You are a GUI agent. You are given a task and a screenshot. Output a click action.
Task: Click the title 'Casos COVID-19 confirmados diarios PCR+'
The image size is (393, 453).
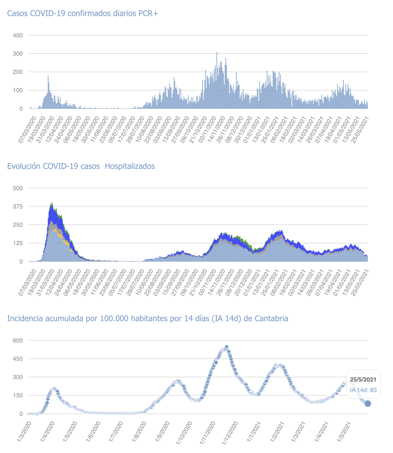tap(82, 14)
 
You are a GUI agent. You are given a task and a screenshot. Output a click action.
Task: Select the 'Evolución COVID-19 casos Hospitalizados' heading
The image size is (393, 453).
tap(81, 166)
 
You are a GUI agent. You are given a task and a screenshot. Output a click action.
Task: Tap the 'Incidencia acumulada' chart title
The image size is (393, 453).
tap(147, 319)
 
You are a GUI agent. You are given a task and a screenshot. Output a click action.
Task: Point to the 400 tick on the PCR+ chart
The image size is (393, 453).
tap(18, 35)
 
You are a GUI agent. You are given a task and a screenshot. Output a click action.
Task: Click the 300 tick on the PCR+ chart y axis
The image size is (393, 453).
tap(18, 54)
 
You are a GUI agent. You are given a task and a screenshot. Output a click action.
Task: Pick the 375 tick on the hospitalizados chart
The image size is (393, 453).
tap(18, 206)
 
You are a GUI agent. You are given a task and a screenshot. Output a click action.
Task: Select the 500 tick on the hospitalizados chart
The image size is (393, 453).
tap(18, 188)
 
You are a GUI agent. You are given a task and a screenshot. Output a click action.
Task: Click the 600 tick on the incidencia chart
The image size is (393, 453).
tap(18, 340)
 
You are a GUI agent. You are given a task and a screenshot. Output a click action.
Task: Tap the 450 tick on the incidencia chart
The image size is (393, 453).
tap(18, 359)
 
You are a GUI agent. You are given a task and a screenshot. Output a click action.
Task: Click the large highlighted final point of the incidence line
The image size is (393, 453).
tap(368, 404)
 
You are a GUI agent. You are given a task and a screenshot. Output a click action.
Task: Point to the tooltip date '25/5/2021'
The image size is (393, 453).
tap(363, 380)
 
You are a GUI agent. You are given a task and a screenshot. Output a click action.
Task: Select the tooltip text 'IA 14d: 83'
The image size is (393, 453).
tap(363, 390)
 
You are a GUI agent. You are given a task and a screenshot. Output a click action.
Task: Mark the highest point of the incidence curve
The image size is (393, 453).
tap(226, 347)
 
